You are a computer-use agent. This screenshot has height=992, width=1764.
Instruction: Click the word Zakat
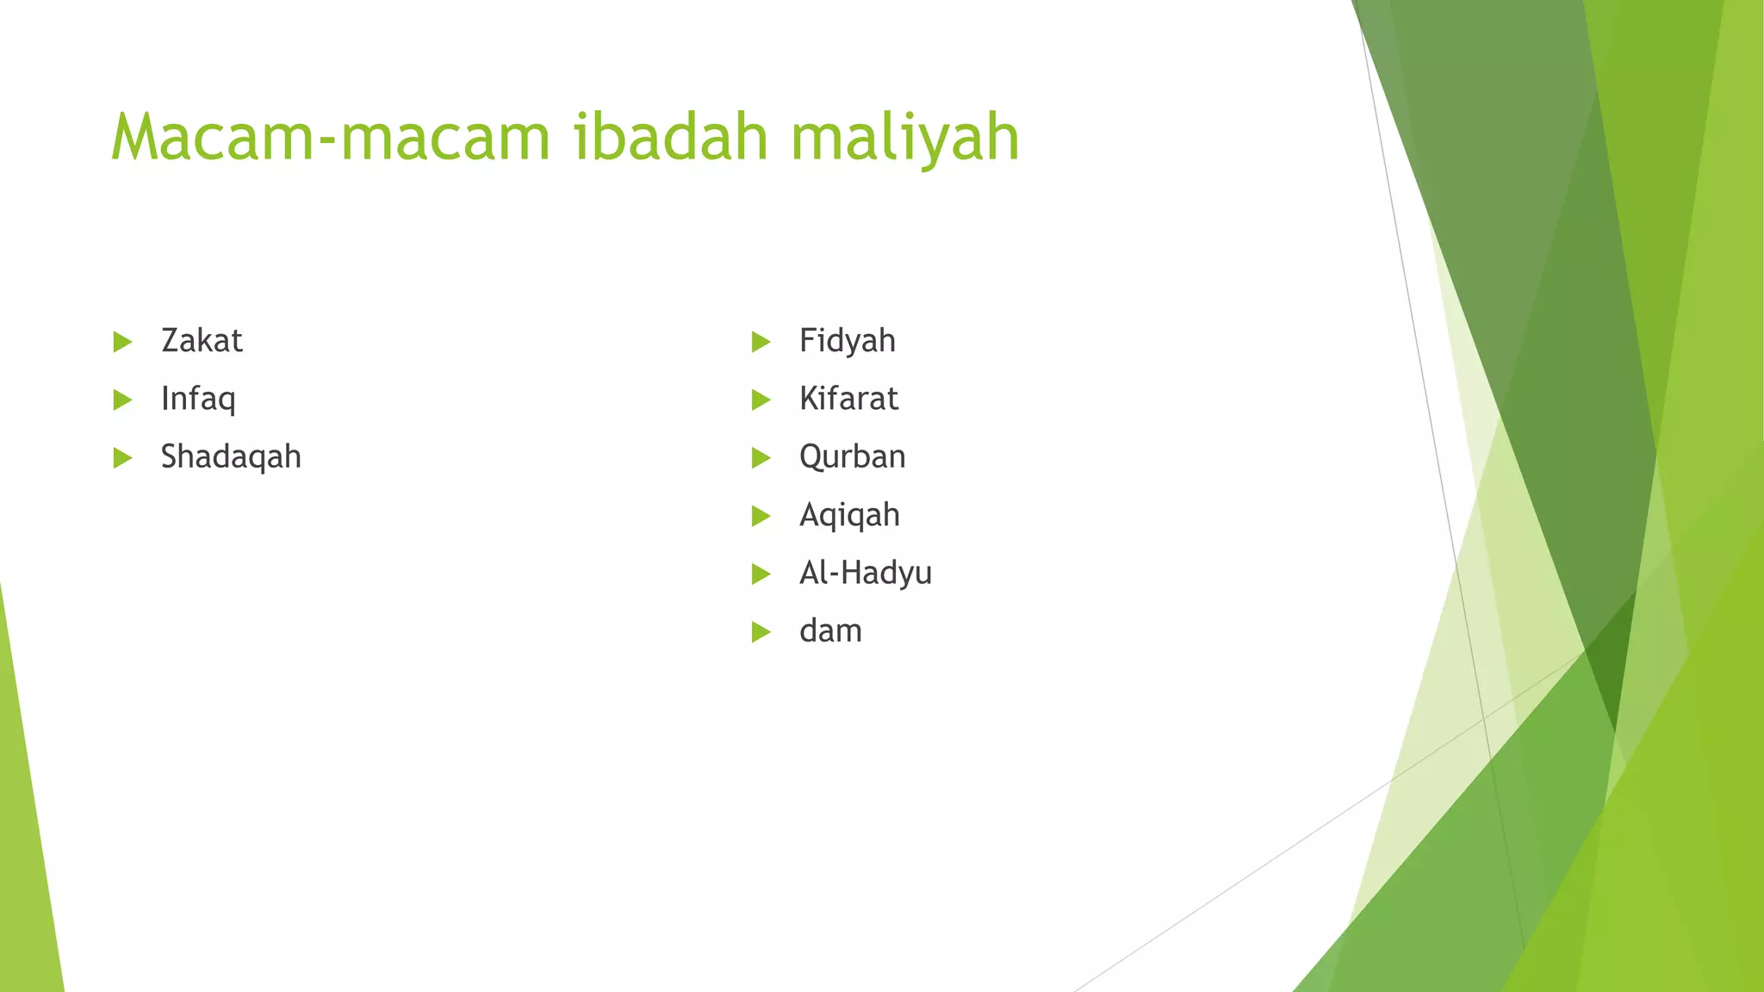[202, 341]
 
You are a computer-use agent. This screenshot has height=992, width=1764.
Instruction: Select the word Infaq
[198, 399]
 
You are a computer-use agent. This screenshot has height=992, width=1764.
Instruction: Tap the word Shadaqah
[231, 456]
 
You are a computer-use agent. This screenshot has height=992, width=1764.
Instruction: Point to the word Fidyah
[847, 341]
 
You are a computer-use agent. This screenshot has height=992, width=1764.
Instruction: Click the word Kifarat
[848, 399]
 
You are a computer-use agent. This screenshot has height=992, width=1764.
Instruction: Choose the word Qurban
[852, 456]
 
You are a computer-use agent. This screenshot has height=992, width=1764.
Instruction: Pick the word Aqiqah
[849, 515]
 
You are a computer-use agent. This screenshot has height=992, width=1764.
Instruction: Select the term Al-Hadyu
[865, 573]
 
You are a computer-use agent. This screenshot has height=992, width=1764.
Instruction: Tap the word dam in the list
[830, 631]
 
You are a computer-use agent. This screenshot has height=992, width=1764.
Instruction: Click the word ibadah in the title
[670, 137]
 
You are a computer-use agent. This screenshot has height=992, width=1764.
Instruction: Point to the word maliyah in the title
[904, 137]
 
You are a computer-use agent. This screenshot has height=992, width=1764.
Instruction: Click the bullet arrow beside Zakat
[122, 342]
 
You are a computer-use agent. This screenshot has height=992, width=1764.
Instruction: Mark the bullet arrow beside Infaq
[122, 400]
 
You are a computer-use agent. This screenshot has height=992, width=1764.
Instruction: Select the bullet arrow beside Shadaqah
[122, 458]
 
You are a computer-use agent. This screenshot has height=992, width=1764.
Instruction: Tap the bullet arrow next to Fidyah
[761, 342]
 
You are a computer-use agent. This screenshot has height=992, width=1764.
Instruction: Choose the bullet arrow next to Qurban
[761, 458]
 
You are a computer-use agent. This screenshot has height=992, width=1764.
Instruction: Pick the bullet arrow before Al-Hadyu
[761, 573]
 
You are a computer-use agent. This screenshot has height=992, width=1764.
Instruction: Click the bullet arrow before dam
[761, 632]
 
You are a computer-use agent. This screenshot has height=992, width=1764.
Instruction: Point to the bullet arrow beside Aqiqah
[761, 516]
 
